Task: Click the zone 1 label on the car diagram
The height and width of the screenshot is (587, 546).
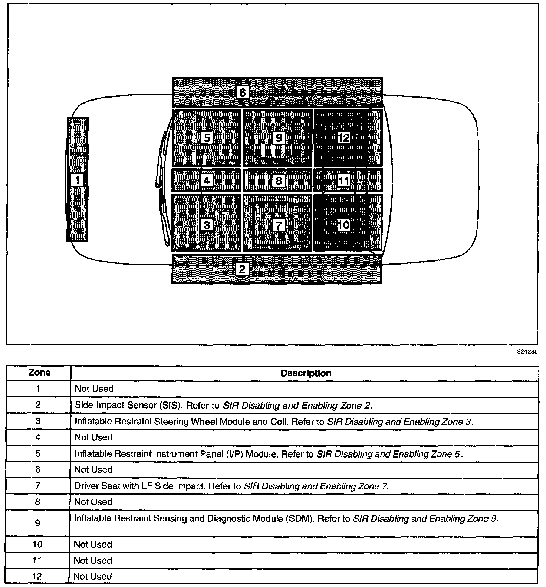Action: coord(77,180)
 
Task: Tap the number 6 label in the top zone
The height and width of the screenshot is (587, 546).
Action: coord(243,92)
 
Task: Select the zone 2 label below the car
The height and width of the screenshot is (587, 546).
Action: coord(242,269)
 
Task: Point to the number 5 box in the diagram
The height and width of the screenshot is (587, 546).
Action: coord(207,138)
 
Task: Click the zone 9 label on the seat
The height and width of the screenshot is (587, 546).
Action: coord(279,138)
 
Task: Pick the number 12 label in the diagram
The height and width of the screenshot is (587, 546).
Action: coord(343,138)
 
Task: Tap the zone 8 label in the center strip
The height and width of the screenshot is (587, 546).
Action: coord(279,181)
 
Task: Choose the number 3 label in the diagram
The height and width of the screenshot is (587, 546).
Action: coord(207,225)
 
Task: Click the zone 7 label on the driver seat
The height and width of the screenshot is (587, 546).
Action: coord(279,225)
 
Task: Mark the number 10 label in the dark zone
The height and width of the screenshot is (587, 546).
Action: coord(343,224)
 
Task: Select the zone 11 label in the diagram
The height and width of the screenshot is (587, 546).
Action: coord(343,181)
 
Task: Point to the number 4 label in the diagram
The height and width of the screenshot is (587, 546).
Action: coord(207,181)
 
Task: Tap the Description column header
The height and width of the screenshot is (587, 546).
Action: coord(306,373)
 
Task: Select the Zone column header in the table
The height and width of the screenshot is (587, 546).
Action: coord(39,373)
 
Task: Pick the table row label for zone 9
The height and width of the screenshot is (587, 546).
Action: coord(37,523)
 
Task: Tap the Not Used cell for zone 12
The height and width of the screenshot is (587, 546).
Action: coord(92,576)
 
